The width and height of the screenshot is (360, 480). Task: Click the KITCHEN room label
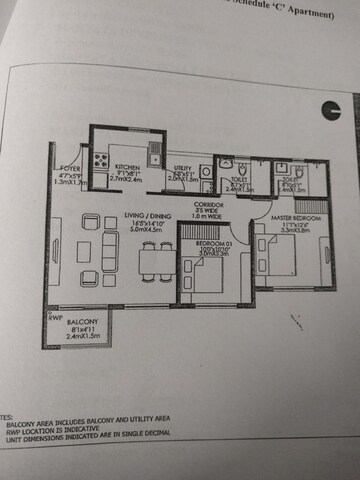click(126, 166)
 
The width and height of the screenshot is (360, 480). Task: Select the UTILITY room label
click(182, 169)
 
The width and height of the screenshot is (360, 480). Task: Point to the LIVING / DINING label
click(145, 216)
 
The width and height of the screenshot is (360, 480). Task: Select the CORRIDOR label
click(207, 203)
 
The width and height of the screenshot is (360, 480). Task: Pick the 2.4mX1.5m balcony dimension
click(83, 337)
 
